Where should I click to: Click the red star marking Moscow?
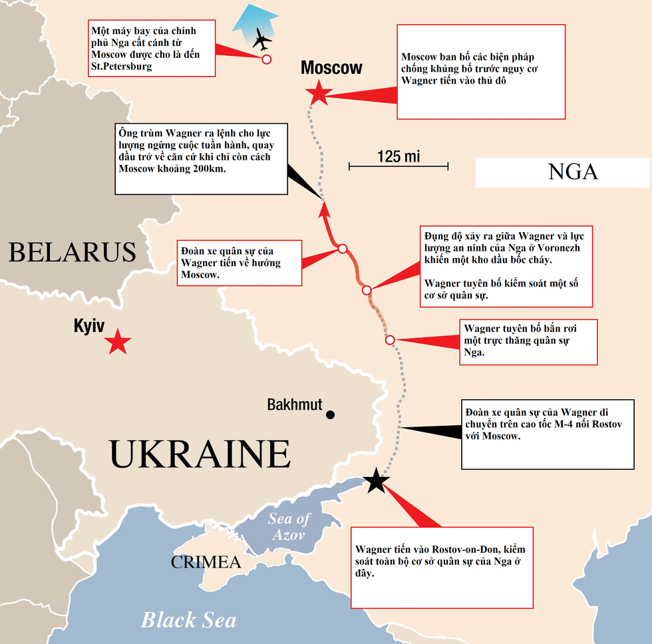pyautogui.click(x=319, y=95)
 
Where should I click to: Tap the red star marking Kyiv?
pyautogui.click(x=118, y=342)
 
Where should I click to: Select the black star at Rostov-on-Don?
pyautogui.click(x=376, y=480)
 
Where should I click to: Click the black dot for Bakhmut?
pyautogui.click(x=330, y=415)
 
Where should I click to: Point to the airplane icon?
pyautogui.click(x=262, y=41)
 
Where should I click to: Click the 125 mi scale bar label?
pyautogui.click(x=399, y=156)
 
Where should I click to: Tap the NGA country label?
pyautogui.click(x=573, y=172)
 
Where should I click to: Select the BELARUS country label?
pyautogui.click(x=72, y=253)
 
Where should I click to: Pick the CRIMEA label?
pyautogui.click(x=206, y=562)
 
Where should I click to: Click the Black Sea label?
pyautogui.click(x=188, y=620)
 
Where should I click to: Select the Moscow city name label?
pyautogui.click(x=331, y=67)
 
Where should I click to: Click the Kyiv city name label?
pyautogui.click(x=90, y=326)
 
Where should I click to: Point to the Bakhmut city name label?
pyautogui.click(x=295, y=404)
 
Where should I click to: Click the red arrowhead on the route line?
pyautogui.click(x=323, y=210)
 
